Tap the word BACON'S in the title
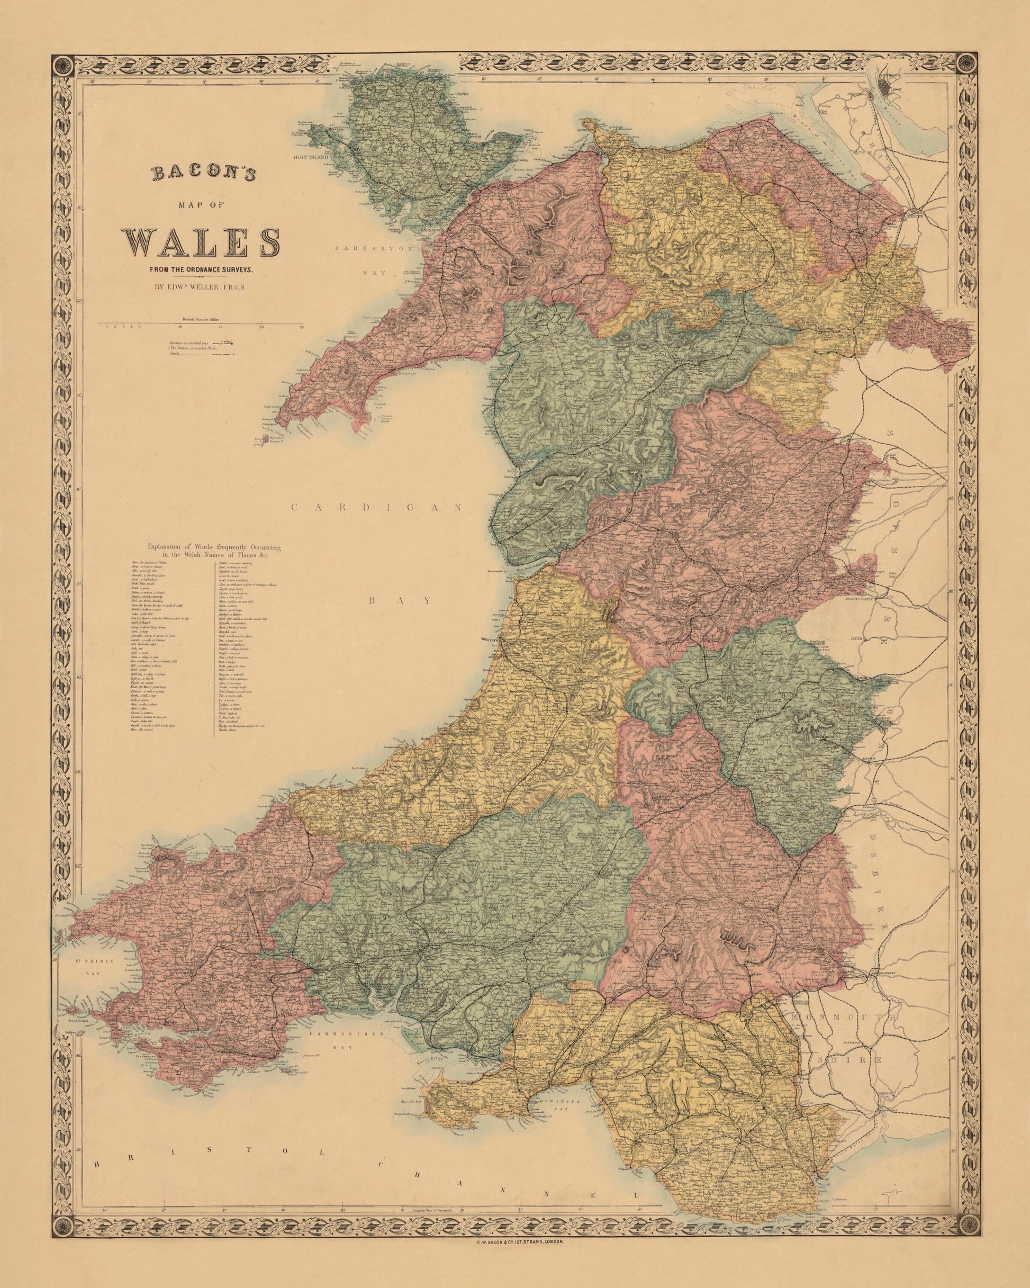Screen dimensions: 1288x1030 [203, 174]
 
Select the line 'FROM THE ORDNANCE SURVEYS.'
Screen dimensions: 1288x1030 [202, 270]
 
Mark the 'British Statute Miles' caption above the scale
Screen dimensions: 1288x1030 [202, 321]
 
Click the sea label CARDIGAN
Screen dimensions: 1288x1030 [377, 507]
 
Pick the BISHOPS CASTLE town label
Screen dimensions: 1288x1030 [861, 597]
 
